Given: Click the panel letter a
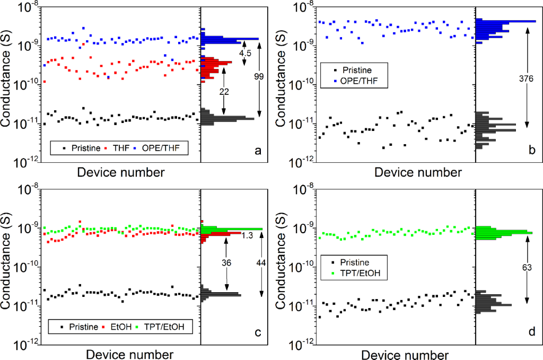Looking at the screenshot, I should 258,151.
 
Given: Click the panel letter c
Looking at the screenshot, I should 258,332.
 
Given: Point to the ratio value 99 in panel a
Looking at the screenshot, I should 259,77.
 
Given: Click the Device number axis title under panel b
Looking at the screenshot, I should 418,172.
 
